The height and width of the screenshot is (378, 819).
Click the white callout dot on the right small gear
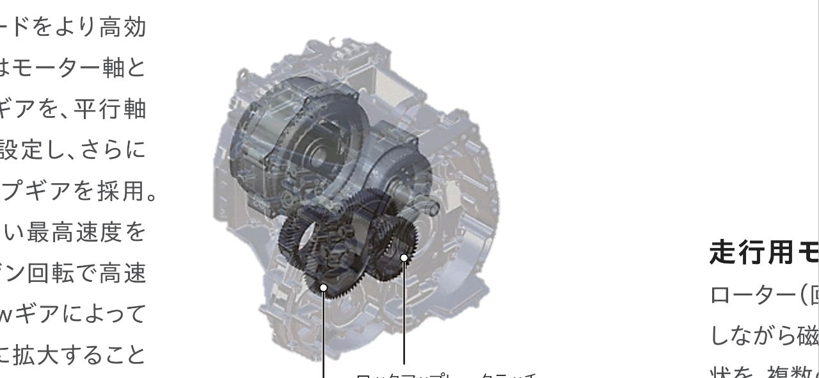pos(404,258)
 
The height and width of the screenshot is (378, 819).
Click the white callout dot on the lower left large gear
pos(324,288)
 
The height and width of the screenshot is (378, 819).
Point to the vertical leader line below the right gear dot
pos(404,314)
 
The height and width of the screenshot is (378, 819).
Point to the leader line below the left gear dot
pos(324,336)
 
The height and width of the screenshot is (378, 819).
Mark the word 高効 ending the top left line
pos(125,28)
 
